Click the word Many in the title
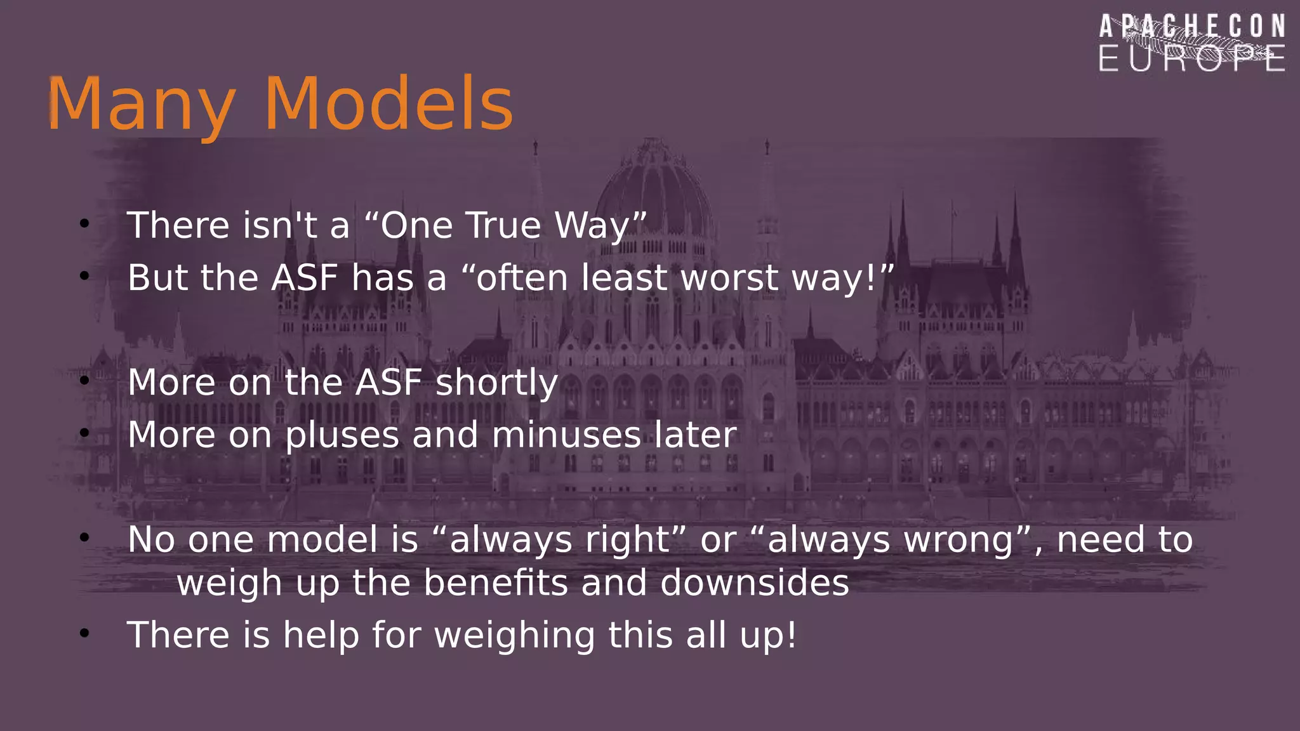(141, 105)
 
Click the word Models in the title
(388, 103)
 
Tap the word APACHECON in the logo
(1192, 27)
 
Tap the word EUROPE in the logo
(1192, 58)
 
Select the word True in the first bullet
(502, 225)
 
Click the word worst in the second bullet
(729, 278)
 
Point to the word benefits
(496, 583)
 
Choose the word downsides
(754, 583)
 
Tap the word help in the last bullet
(321, 635)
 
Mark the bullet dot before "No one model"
(84, 537)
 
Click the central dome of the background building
(654, 190)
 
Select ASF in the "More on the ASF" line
(388, 383)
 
